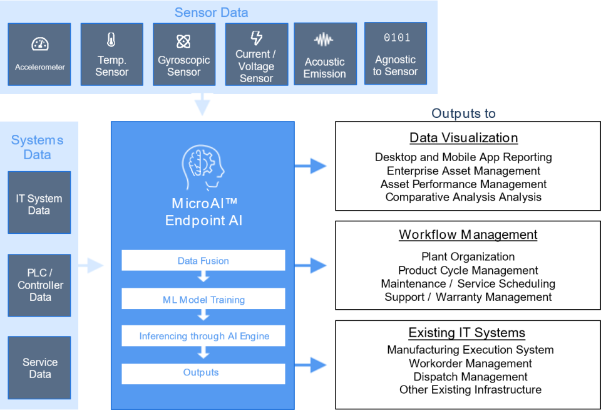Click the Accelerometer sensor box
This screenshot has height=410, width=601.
coord(39,55)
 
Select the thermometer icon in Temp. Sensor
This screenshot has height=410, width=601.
coord(111,41)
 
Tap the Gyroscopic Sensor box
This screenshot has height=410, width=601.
coord(183,55)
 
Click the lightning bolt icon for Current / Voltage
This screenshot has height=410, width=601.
coord(256,38)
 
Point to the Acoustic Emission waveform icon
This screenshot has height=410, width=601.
coord(324,40)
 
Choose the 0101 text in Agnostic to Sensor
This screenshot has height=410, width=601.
coord(396,38)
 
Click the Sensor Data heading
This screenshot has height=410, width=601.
coord(211,13)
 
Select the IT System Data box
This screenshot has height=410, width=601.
coord(39,202)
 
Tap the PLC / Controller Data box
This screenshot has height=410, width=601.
coord(39,285)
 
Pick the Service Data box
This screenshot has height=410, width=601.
coord(39,368)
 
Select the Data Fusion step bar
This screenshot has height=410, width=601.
coord(203,261)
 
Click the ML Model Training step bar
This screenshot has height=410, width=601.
coord(203,299)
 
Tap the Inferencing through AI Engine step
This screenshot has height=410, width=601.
coord(203,336)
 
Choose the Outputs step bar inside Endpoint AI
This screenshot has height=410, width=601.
coord(203,373)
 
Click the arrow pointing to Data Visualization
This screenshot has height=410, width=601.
coord(311,166)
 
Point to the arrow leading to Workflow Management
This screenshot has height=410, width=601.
coord(311,265)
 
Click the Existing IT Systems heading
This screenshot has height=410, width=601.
coord(467,333)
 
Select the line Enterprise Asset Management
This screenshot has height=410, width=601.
coord(463,171)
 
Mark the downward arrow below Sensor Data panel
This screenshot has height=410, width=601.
coord(202,105)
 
